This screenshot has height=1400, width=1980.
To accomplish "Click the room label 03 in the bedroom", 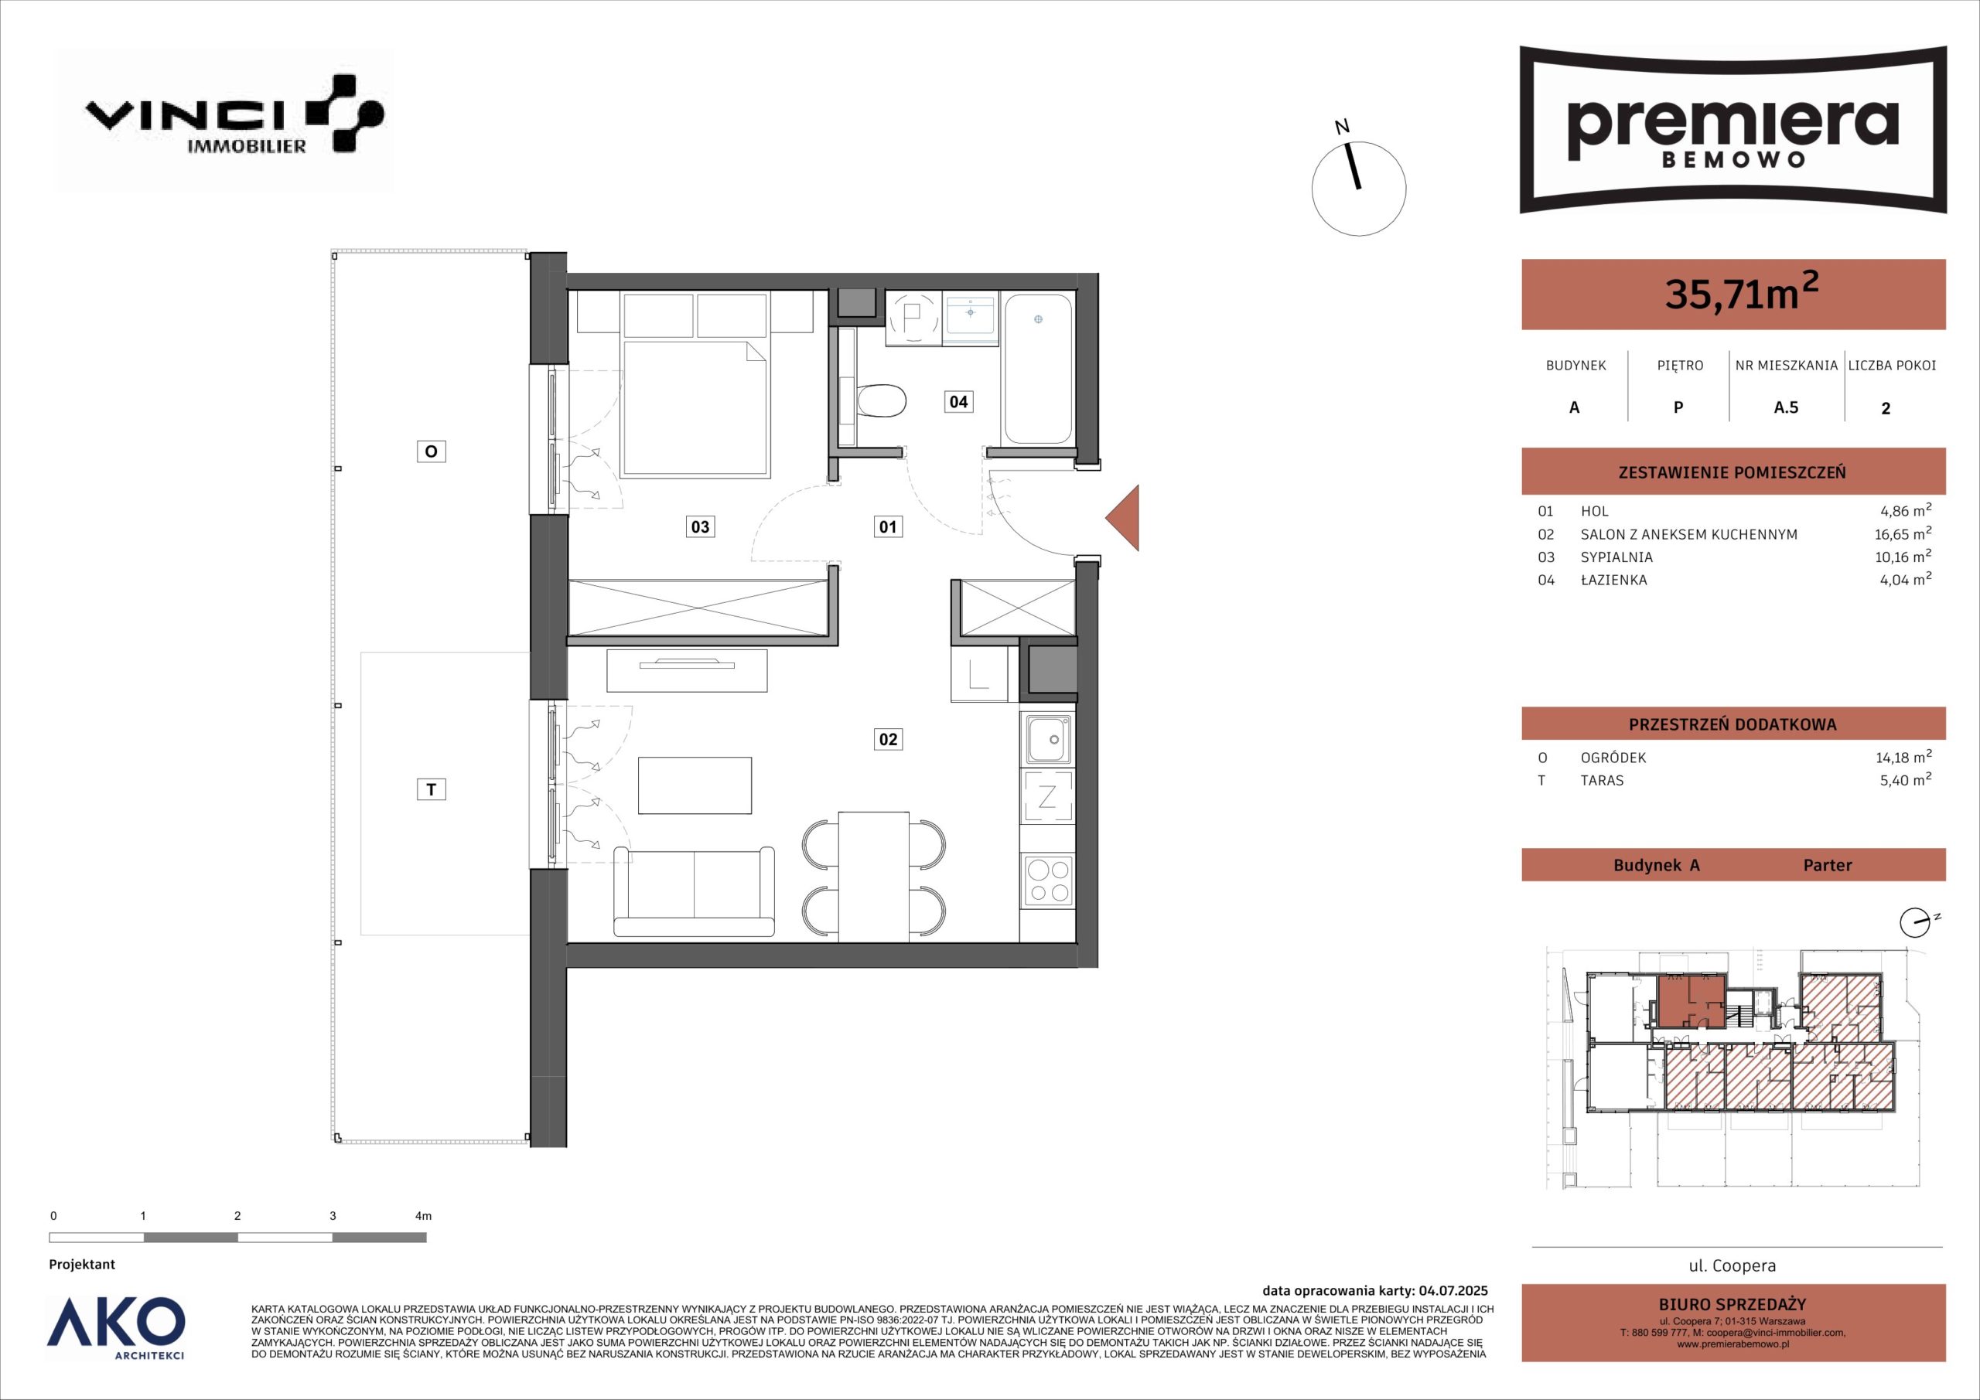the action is pyautogui.click(x=700, y=526).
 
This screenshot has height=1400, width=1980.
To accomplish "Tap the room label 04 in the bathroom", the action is pyautogui.click(x=959, y=401).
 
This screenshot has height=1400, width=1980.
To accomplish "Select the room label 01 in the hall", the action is pyautogui.click(x=887, y=526).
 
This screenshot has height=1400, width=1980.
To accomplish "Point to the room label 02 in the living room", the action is pyautogui.click(x=887, y=739).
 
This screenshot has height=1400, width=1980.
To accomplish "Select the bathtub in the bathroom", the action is pyautogui.click(x=1037, y=369).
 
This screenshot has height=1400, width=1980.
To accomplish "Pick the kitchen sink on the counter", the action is pyautogui.click(x=1047, y=739).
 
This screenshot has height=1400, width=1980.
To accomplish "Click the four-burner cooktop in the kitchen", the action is pyautogui.click(x=1047, y=881).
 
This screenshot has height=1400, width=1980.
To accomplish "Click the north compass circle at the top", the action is pyautogui.click(x=1359, y=189).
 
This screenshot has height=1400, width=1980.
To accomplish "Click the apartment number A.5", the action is pyautogui.click(x=1786, y=407).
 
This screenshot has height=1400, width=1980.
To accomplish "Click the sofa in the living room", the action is pyautogui.click(x=695, y=891).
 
